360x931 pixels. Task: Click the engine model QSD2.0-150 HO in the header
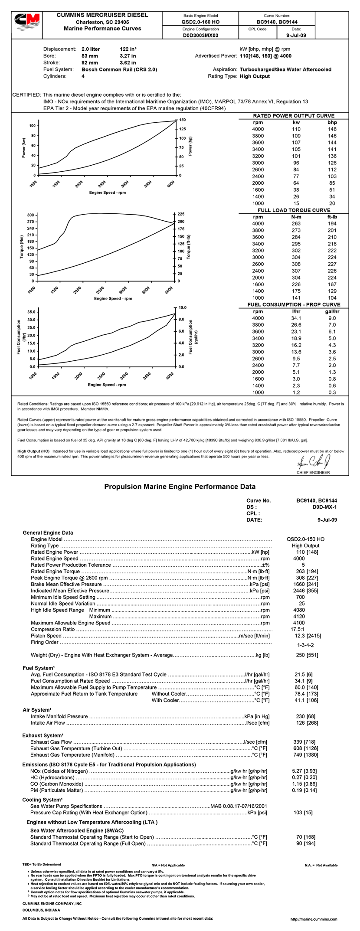[200, 22]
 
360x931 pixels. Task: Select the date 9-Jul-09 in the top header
[297, 36]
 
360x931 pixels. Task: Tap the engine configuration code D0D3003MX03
[200, 36]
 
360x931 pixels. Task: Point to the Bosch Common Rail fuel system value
[119, 69]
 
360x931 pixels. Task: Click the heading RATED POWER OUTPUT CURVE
[294, 116]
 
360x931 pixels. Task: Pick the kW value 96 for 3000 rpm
[296, 163]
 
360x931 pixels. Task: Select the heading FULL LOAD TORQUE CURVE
[294, 210]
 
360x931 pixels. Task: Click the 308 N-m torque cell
[296, 264]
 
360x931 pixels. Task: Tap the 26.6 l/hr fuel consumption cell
[296, 325]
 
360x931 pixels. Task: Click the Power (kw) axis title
[24, 147]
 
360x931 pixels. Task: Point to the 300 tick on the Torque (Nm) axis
[31, 215]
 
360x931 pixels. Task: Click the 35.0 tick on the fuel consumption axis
[31, 312]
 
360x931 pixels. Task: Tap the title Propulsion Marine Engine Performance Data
[180, 487]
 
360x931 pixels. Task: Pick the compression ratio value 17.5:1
[297, 629]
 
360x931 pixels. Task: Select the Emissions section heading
[109, 764]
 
